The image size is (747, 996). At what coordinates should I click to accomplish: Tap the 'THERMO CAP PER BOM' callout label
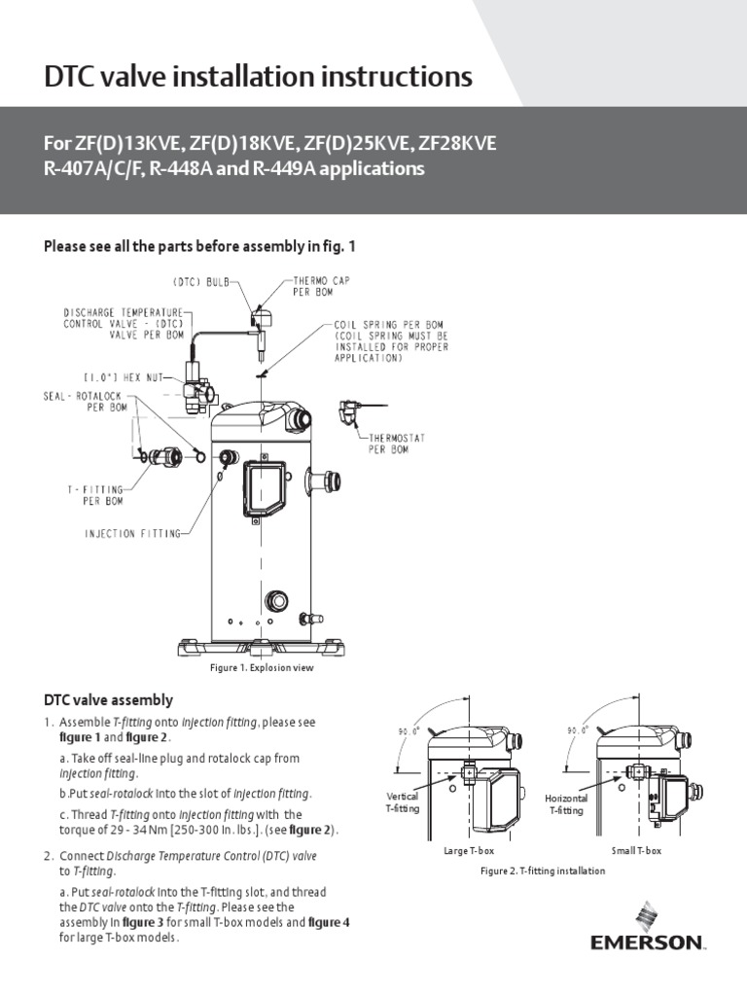click(x=323, y=284)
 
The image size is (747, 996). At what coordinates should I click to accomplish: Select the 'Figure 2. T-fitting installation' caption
click(x=543, y=871)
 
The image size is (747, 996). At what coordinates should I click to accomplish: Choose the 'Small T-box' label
click(x=636, y=852)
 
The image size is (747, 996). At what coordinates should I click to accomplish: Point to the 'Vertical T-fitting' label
click(x=403, y=802)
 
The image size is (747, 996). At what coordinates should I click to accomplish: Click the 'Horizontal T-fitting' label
click(x=566, y=803)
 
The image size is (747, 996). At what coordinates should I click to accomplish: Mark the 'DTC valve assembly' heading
click(x=109, y=699)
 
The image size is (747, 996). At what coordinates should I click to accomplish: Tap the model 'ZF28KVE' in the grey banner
click(x=457, y=144)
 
